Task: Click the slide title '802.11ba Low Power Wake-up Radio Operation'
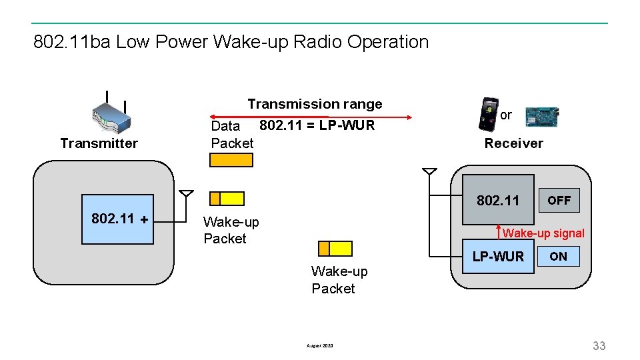[x=231, y=42]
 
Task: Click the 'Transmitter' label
[x=99, y=143]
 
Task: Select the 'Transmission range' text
[x=315, y=104]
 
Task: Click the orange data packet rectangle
[x=231, y=160]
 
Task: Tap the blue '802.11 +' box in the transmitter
[x=117, y=219]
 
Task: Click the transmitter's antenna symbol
[x=187, y=195]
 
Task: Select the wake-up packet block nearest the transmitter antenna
[x=227, y=199]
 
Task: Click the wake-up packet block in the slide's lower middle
[x=335, y=249]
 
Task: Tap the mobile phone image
[x=489, y=115]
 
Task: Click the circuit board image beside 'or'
[x=541, y=116]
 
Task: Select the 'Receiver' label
[x=513, y=143]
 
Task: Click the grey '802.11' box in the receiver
[x=499, y=200]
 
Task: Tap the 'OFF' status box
[x=559, y=200]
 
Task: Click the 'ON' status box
[x=559, y=257]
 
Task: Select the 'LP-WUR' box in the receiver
[x=499, y=257]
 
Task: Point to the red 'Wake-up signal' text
[x=543, y=233]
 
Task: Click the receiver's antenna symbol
[x=430, y=172]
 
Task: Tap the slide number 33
[x=599, y=345]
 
